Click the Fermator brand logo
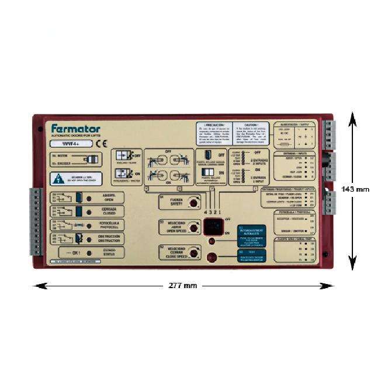click(x=75, y=129)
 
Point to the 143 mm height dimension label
click(x=356, y=189)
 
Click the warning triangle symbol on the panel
click(x=57, y=179)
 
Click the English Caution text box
click(x=251, y=134)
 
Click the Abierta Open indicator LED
click(x=89, y=199)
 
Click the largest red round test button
click(x=212, y=257)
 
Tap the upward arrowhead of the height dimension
click(x=352, y=117)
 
